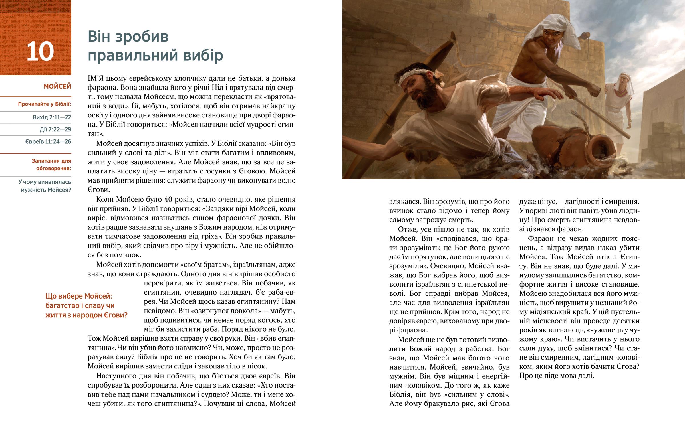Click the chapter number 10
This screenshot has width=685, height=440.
pyautogui.click(x=40, y=52)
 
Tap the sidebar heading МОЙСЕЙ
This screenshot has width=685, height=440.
pyautogui.click(x=57, y=86)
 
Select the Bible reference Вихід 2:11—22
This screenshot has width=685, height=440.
pyautogui.click(x=52, y=117)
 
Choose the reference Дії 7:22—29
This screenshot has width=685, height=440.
pyautogui.click(x=55, y=129)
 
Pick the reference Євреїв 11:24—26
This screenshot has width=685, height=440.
pyautogui.click(x=48, y=142)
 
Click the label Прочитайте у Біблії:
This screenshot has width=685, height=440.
pyautogui.click(x=45, y=104)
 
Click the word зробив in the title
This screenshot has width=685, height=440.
pyautogui.click(x=144, y=37)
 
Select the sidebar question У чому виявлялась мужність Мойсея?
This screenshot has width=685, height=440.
pyautogui.click(x=45, y=186)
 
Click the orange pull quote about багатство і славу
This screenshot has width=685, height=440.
pyautogui.click(x=86, y=305)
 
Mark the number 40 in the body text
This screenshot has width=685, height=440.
pyautogui.click(x=168, y=199)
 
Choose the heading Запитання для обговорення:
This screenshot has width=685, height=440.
pyautogui.click(x=51, y=165)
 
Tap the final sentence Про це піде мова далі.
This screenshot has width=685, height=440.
pyautogui.click(x=556, y=376)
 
